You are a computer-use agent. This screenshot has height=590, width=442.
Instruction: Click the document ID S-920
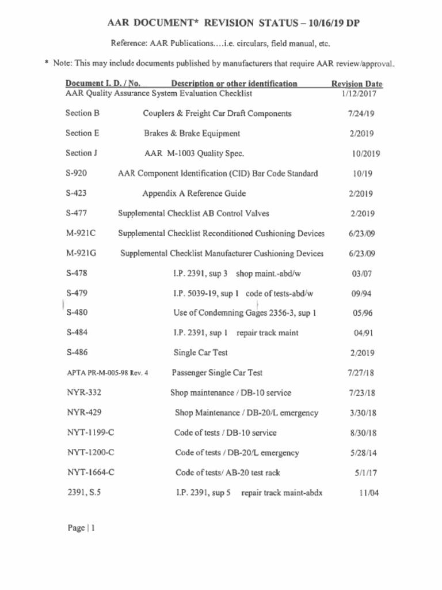pos(77,173)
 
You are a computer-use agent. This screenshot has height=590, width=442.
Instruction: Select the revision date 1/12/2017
pos(359,93)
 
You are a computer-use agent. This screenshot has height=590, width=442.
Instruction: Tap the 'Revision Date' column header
pos(357,84)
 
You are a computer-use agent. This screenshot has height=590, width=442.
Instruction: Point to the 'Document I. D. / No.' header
pos(103,84)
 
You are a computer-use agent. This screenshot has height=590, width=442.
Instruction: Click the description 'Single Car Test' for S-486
pos(200,353)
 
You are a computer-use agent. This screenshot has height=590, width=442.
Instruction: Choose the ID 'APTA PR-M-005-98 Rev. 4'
pos(108,373)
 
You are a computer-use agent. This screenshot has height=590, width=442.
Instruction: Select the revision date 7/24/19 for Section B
pos(361,114)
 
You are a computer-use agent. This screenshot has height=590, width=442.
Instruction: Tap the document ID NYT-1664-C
pos(90,472)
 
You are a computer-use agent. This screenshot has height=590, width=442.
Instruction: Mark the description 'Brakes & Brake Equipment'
pos(192,134)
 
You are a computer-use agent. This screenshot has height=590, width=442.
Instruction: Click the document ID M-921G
pos(81,254)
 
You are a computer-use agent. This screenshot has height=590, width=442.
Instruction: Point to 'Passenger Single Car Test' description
pos(217,373)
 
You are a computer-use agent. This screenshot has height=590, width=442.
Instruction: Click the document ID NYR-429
pos(85,413)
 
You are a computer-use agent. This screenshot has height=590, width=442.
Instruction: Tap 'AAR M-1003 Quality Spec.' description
pos(194,153)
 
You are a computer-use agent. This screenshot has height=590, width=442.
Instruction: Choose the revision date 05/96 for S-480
pos(362,313)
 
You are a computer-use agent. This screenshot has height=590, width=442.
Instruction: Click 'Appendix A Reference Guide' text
pos(194,194)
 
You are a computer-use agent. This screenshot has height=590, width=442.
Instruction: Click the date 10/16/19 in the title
pos(329,24)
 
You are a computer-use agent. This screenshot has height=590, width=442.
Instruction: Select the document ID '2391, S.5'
pos(84,493)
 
